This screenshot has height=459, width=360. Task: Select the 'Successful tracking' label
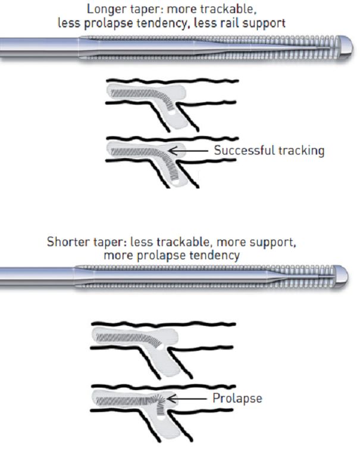point(270,150)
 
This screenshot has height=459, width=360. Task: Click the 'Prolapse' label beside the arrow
point(237,398)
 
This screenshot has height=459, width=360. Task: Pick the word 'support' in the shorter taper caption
point(270,243)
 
